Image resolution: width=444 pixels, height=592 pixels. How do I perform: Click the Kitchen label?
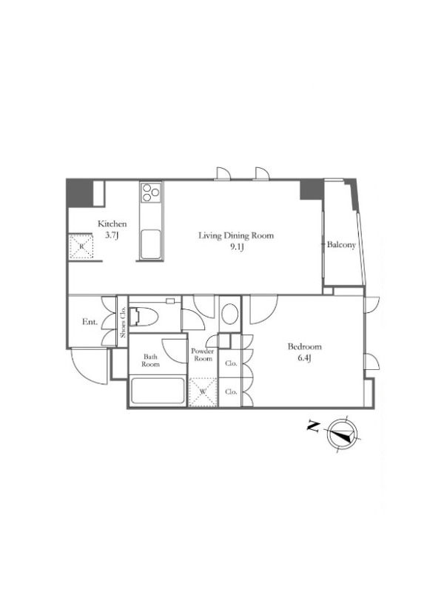click(x=112, y=223)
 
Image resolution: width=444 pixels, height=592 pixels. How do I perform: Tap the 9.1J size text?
click(x=236, y=247)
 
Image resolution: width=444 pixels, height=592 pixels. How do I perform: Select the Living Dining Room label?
click(x=236, y=235)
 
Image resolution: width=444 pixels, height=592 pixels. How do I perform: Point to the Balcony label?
click(x=341, y=245)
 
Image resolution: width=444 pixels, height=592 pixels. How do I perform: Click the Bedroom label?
click(x=305, y=346)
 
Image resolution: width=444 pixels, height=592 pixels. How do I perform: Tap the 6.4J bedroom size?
click(x=304, y=358)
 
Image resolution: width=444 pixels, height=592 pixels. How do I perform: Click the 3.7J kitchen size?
click(x=112, y=235)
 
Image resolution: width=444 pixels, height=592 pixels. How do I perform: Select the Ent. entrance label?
click(x=90, y=322)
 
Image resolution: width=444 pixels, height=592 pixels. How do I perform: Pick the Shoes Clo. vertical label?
click(x=123, y=321)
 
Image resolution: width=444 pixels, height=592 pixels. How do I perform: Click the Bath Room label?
click(x=151, y=360)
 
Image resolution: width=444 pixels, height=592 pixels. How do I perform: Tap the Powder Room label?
click(x=202, y=354)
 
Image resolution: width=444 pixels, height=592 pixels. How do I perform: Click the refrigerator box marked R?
click(x=81, y=246)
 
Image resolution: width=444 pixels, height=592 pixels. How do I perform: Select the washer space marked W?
click(x=203, y=392)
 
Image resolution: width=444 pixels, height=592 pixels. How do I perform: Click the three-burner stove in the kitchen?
click(x=151, y=192)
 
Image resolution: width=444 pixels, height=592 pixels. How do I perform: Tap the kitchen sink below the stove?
click(x=151, y=244)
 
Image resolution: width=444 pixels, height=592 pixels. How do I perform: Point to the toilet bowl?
click(x=144, y=317)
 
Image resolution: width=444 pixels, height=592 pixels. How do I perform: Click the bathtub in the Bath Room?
click(x=158, y=391)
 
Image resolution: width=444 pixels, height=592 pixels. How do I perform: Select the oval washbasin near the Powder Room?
click(x=230, y=314)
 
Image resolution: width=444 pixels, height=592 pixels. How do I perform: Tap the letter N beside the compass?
click(x=313, y=427)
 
